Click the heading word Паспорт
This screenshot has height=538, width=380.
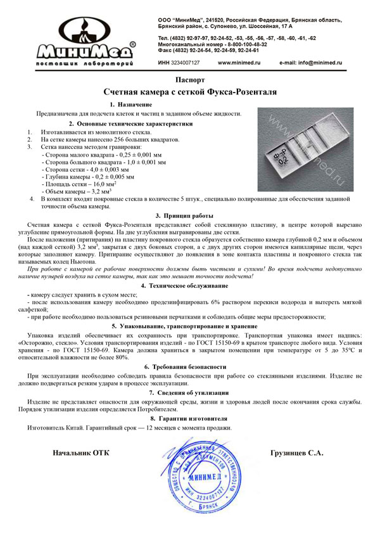[190, 80]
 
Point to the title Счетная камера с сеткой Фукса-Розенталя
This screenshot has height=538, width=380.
[190, 92]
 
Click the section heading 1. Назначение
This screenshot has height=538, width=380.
[130, 104]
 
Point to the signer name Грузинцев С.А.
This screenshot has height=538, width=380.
[296, 453]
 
